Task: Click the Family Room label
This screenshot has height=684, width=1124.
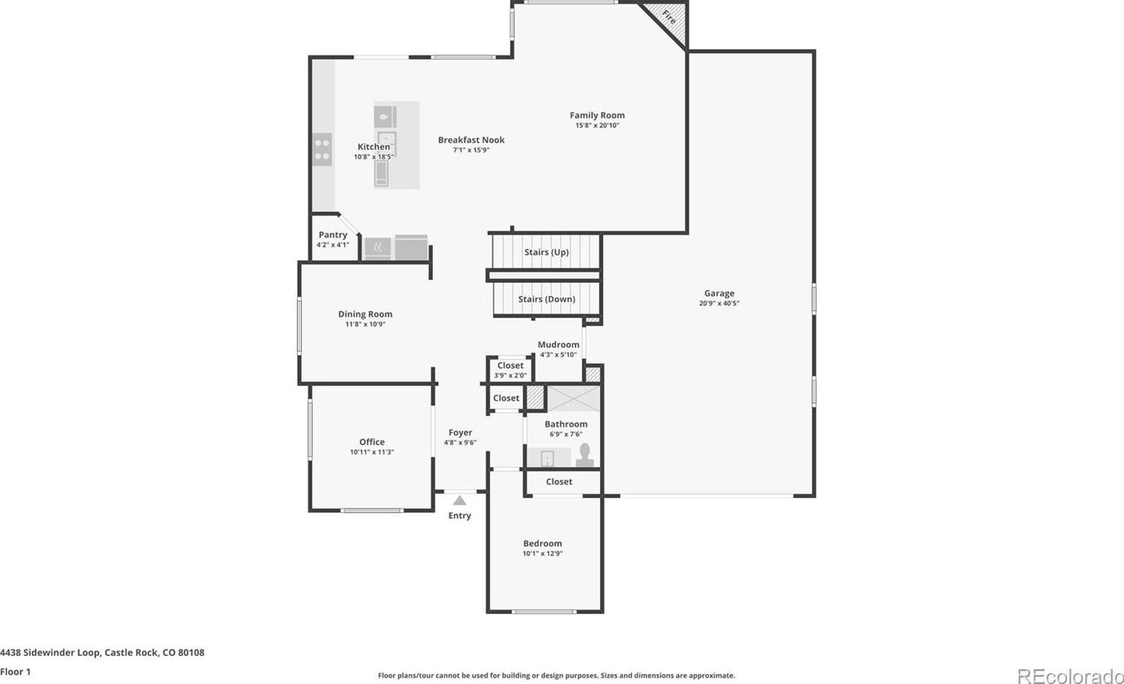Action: [x=597, y=115]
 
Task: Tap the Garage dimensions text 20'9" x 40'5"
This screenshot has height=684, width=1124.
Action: [x=719, y=303]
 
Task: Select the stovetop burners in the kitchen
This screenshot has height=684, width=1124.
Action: [x=322, y=150]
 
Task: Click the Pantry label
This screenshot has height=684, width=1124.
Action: [x=333, y=235]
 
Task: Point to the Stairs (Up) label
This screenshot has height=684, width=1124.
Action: [x=547, y=252]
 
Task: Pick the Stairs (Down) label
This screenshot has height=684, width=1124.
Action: [x=547, y=299]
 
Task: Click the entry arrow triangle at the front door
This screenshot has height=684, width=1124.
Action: [x=459, y=500]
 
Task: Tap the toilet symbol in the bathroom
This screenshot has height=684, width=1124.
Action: [x=585, y=455]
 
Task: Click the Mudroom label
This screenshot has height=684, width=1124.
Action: [x=559, y=345]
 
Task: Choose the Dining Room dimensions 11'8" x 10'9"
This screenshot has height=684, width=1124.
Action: [x=365, y=324]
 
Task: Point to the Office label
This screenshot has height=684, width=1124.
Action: [x=372, y=442]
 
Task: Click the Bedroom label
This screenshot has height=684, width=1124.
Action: [x=542, y=544]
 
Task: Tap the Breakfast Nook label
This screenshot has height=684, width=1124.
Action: [x=471, y=140]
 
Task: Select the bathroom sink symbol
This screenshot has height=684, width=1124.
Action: [x=547, y=458]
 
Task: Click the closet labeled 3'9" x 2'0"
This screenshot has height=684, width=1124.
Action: [x=511, y=370]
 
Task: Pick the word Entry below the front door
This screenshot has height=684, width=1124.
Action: [x=459, y=516]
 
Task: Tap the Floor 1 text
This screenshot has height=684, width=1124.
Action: [x=15, y=672]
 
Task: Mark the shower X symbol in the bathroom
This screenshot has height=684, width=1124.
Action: [x=573, y=399]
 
